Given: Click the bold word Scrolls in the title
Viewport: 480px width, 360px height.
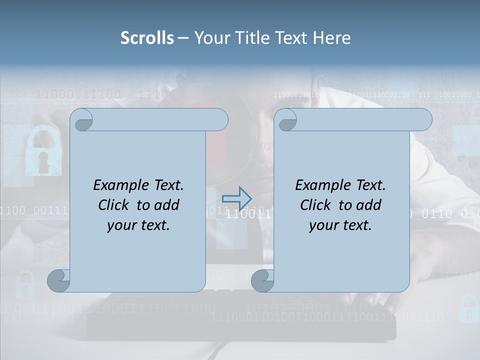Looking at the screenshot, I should (147, 38).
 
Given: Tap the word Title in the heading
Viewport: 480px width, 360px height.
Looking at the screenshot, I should (245, 38).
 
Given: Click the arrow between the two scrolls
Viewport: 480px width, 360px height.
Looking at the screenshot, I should (237, 198).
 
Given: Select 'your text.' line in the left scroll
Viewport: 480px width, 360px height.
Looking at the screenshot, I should (138, 225).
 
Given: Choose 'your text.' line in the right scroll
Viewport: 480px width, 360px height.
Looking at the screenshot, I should (340, 225).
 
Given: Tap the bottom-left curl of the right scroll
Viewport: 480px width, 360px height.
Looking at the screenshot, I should (262, 280).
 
